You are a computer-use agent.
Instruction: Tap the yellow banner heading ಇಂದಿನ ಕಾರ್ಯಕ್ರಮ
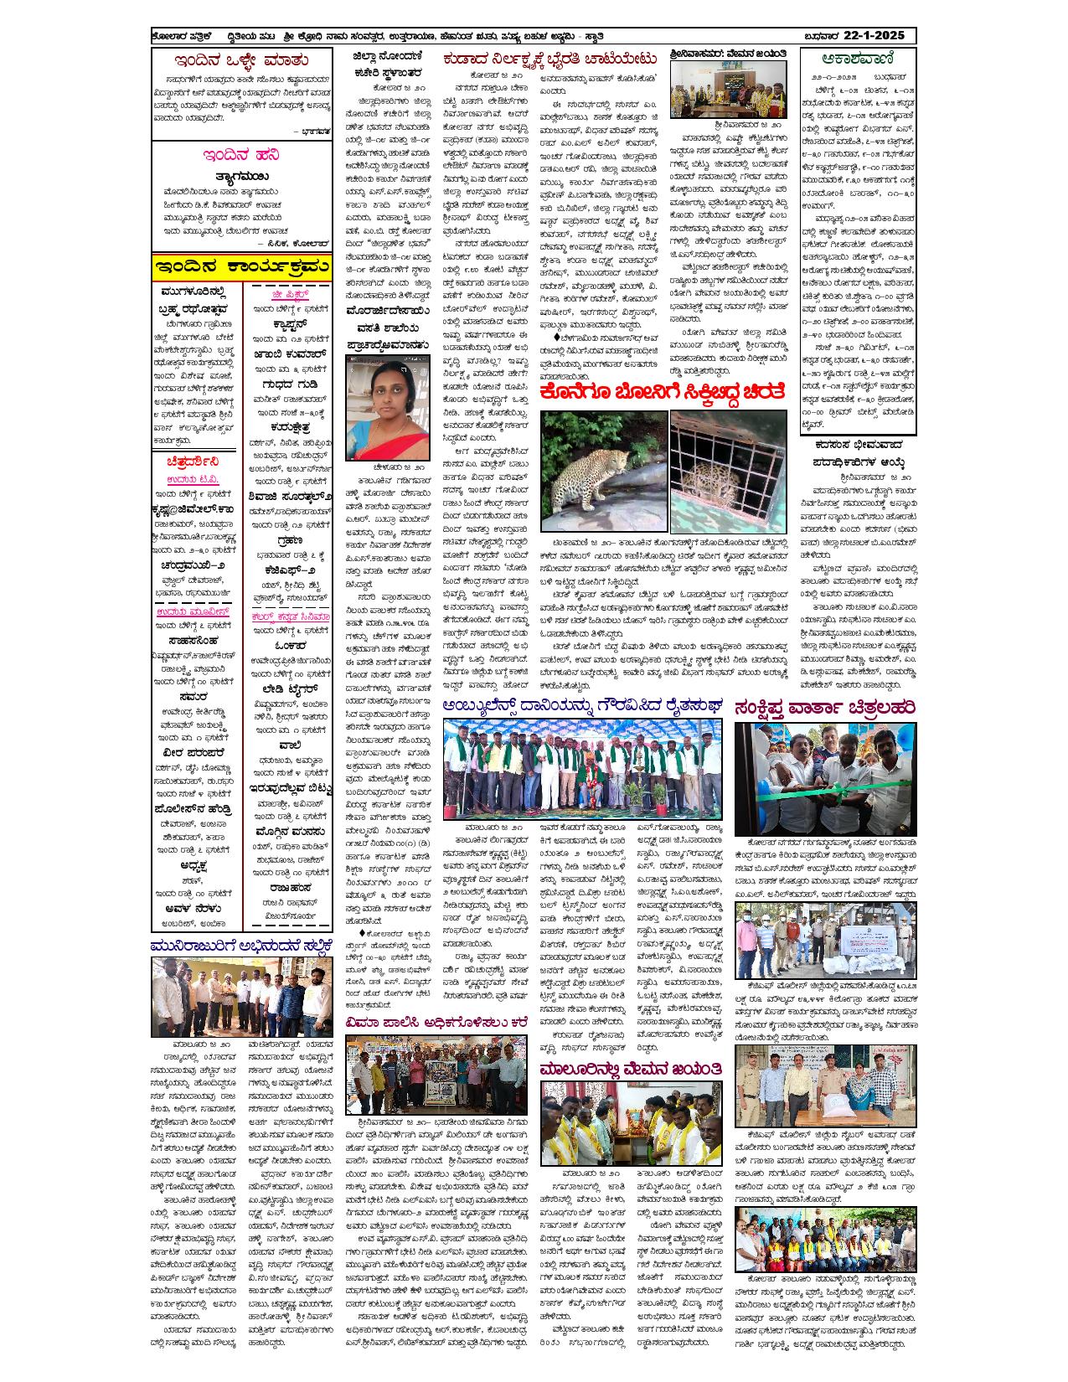tap(241, 267)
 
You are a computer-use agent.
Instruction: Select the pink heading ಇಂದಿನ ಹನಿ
tap(240, 156)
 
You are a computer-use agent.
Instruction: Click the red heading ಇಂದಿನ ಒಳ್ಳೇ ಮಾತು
tap(240, 61)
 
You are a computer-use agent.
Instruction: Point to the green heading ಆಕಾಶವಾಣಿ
tap(858, 59)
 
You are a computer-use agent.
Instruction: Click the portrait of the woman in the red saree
tap(388, 401)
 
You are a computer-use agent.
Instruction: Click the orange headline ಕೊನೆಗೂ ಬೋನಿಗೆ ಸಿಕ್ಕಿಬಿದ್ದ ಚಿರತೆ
tap(663, 394)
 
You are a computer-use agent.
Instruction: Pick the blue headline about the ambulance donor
tap(582, 706)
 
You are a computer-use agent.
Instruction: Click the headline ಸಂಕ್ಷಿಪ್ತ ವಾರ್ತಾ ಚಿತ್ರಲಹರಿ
tap(824, 706)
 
